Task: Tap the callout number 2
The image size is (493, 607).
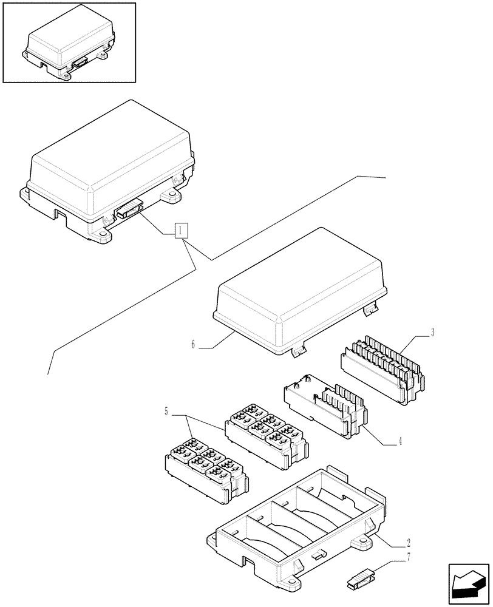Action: pyautogui.click(x=408, y=541)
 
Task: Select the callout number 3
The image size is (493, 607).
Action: pyautogui.click(x=432, y=332)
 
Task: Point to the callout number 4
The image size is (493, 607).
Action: pyautogui.click(x=400, y=441)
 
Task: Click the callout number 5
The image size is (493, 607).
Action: pyautogui.click(x=166, y=412)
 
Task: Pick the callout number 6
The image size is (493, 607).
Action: pyautogui.click(x=192, y=345)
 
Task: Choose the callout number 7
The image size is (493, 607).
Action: pyautogui.click(x=408, y=557)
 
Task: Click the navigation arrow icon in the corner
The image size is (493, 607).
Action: pyautogui.click(x=467, y=584)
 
